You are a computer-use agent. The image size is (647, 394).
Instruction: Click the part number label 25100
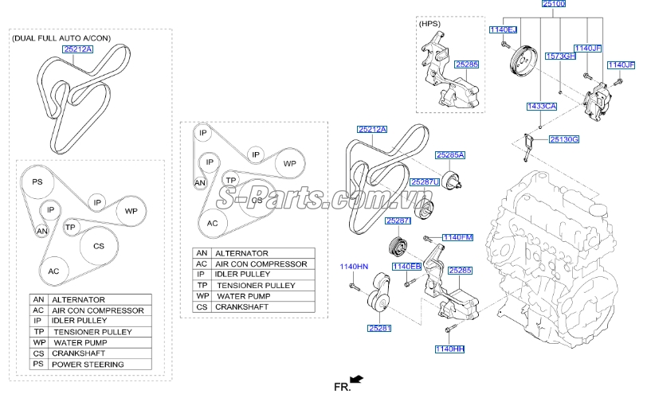tap(553, 5)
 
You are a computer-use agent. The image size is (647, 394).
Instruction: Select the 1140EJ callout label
tap(503, 30)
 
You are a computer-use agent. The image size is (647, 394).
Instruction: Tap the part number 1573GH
tap(559, 57)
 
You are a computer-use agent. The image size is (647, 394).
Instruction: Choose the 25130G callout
tap(564, 140)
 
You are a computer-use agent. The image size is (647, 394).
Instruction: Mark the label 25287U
tap(425, 182)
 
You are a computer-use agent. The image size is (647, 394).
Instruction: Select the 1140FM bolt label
tap(457, 237)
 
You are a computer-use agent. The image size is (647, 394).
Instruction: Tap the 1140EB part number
tap(406, 266)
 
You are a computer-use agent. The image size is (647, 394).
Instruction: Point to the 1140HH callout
tap(449, 348)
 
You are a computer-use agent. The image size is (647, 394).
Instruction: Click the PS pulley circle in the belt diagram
tap(37, 182)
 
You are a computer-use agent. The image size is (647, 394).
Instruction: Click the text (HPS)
tap(429, 25)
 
